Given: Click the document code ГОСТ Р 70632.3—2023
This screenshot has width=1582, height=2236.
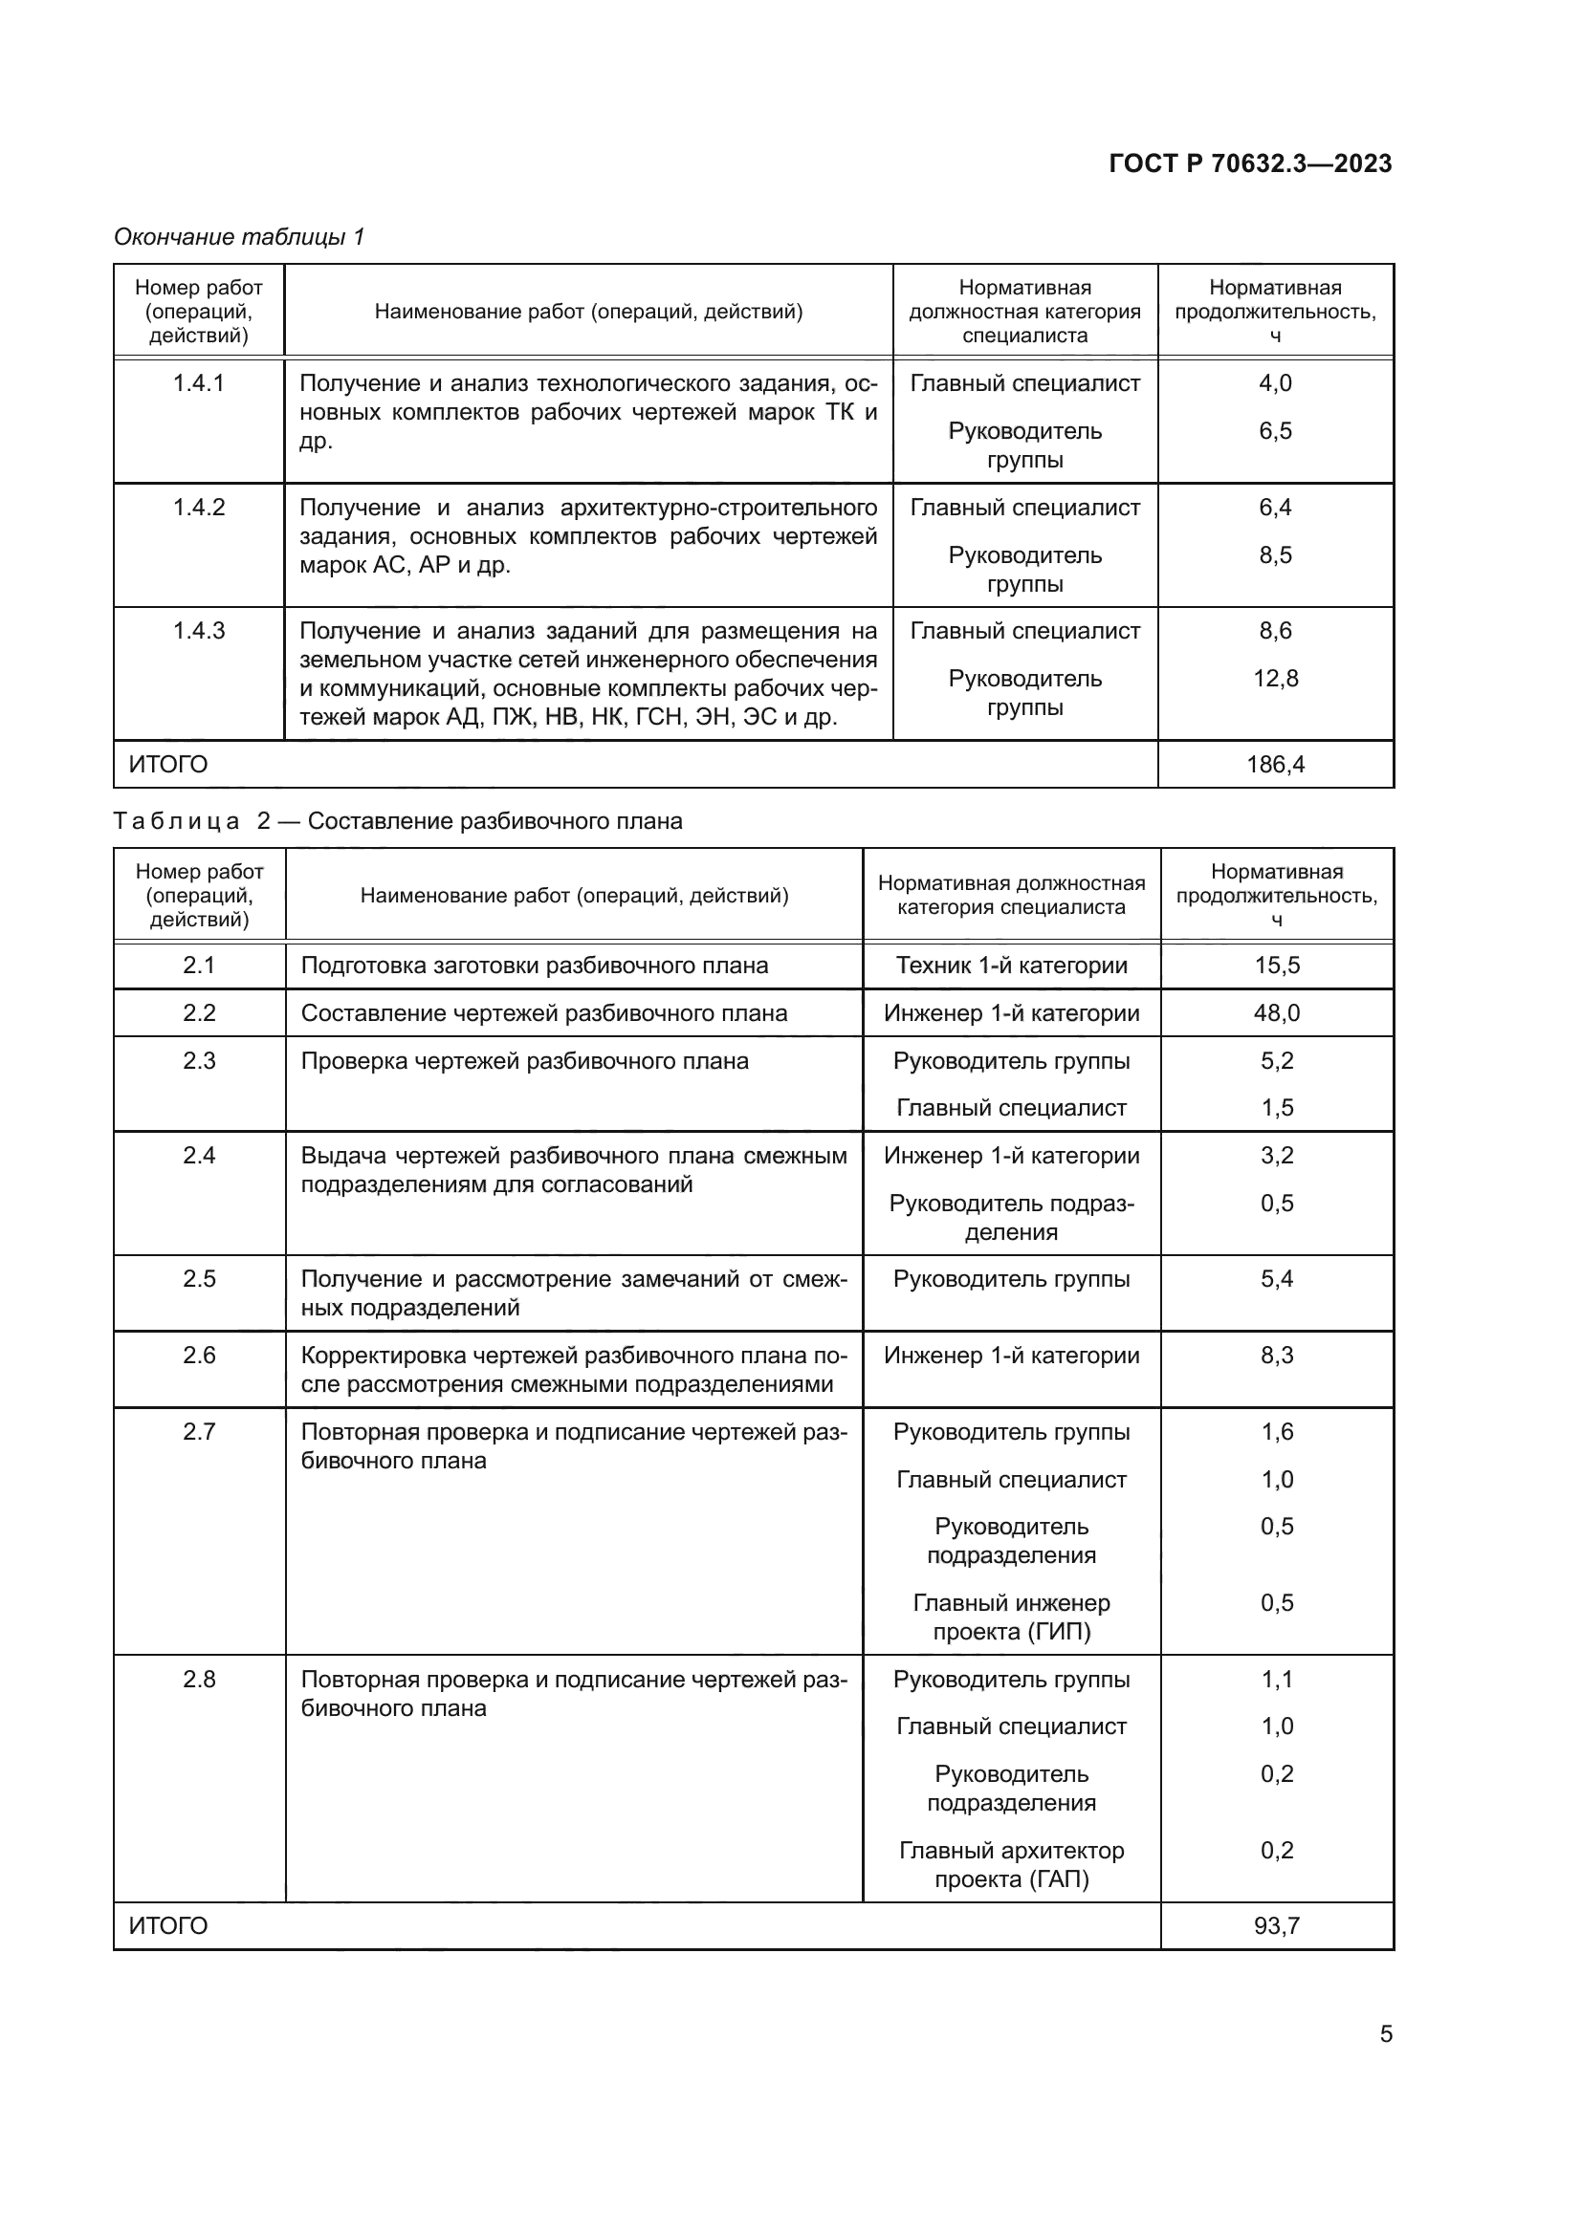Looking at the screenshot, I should (1250, 163).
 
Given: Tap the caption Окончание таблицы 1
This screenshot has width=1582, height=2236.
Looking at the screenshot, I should (239, 237).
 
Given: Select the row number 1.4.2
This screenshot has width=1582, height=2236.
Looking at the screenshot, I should (199, 508).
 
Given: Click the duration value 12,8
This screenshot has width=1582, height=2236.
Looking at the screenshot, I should (1275, 679).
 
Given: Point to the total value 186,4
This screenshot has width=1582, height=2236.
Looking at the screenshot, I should (1275, 765).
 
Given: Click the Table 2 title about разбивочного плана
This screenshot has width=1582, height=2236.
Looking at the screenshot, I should (398, 821).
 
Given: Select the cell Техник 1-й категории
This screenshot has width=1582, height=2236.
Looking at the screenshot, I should (1011, 966).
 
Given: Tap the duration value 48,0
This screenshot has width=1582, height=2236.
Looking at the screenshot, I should (1276, 1012).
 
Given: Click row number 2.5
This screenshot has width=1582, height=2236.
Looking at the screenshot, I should (199, 1279).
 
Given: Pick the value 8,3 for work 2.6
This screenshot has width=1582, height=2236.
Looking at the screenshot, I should (1276, 1355).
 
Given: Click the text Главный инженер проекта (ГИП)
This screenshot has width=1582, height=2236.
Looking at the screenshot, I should (1011, 1617).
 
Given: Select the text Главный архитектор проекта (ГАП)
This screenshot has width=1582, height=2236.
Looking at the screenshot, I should (1011, 1864).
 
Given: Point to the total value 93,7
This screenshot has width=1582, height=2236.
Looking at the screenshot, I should (1276, 1925).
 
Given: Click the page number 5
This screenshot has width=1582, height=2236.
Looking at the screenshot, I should (1385, 2033).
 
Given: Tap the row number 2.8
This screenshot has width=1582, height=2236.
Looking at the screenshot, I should (199, 1679).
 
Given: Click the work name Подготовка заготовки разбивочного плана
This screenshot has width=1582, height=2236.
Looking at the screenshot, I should (534, 966).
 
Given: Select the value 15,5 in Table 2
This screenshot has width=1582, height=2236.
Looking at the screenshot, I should (1276, 966).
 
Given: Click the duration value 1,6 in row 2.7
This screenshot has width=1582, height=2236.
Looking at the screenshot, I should (1276, 1432).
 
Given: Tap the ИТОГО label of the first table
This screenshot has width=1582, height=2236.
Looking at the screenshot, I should (167, 765).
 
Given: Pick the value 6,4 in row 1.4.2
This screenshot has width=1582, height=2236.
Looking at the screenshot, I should (1275, 508).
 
